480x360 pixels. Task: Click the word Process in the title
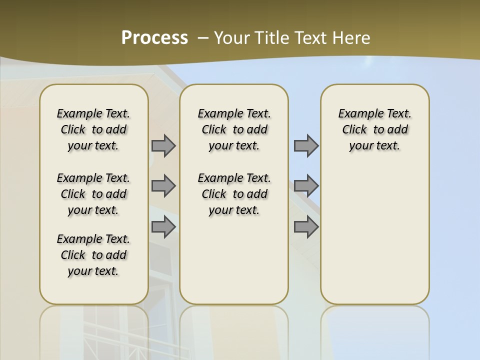[x=154, y=37]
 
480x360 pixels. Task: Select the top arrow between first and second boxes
[x=163, y=146]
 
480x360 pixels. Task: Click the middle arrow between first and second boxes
[x=163, y=186]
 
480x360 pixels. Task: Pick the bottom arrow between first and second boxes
[x=163, y=227]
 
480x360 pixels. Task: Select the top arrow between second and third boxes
[x=306, y=146]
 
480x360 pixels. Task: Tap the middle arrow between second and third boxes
[x=306, y=186]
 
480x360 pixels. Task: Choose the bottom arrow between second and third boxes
[x=306, y=227]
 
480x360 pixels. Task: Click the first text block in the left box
[x=93, y=129]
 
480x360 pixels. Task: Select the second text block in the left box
[x=93, y=194]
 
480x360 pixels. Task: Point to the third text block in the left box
[x=93, y=255]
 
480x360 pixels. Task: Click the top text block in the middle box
[x=234, y=129]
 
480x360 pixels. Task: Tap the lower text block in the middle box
[x=234, y=194]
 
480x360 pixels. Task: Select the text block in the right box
[x=374, y=129]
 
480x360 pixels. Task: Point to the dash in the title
[x=203, y=38]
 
